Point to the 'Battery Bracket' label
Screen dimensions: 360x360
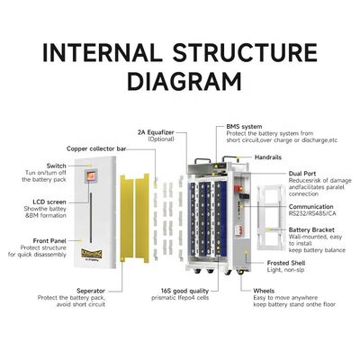click(313, 230)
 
